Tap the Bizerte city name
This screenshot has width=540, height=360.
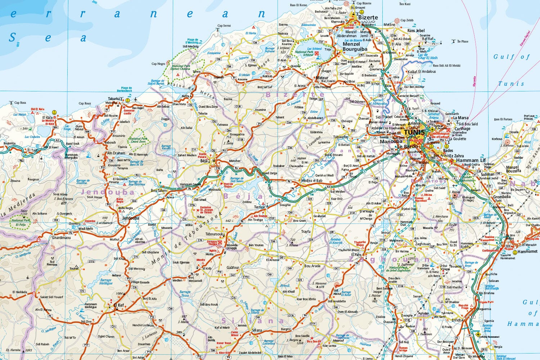click(x=368, y=17)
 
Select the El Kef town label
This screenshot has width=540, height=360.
click(x=118, y=305)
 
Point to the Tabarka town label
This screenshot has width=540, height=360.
click(x=114, y=99)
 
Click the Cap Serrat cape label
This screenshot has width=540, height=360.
click(x=224, y=26)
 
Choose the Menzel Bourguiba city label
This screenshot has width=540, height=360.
click(x=355, y=46)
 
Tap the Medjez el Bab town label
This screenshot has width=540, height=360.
click(x=312, y=180)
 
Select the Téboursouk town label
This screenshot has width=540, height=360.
click(x=215, y=234)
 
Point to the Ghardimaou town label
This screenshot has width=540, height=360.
click(x=61, y=238)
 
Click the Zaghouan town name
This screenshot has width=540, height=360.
click(x=422, y=244)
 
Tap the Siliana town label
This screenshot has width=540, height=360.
click(x=257, y=330)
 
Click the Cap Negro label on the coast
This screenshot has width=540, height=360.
click(x=158, y=64)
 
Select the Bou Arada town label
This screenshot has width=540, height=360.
click(x=312, y=266)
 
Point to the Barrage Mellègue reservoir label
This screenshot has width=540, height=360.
click(x=106, y=282)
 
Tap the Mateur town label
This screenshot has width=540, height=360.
click(x=322, y=78)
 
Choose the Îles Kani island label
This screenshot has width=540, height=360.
click(x=405, y=4)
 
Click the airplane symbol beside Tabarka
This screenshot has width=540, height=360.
click(x=136, y=99)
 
